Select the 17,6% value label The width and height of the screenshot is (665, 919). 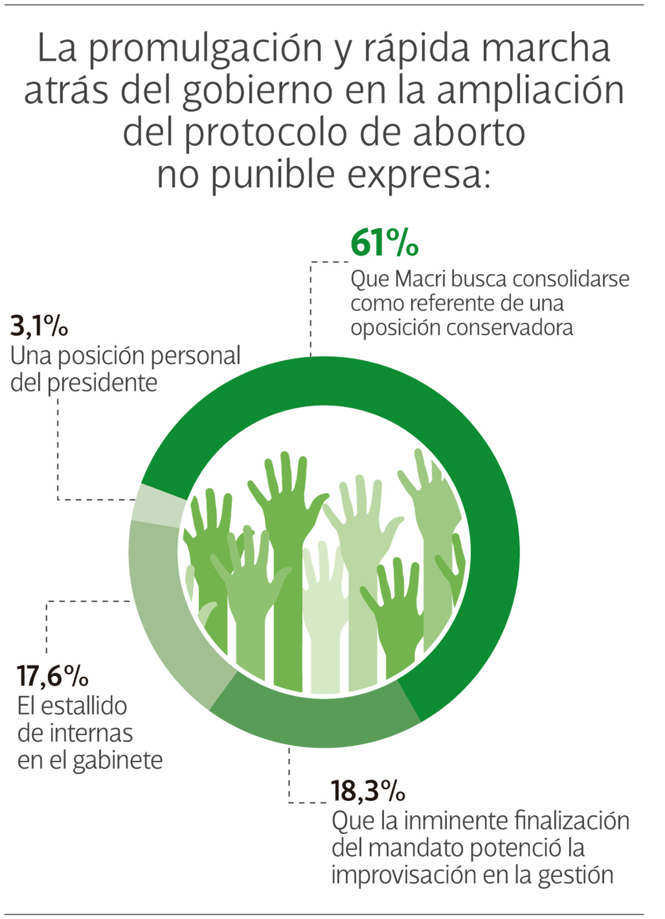[53, 676]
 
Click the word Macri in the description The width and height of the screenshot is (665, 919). [421, 279]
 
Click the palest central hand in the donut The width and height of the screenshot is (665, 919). [324, 621]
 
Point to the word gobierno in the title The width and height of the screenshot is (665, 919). [257, 90]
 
